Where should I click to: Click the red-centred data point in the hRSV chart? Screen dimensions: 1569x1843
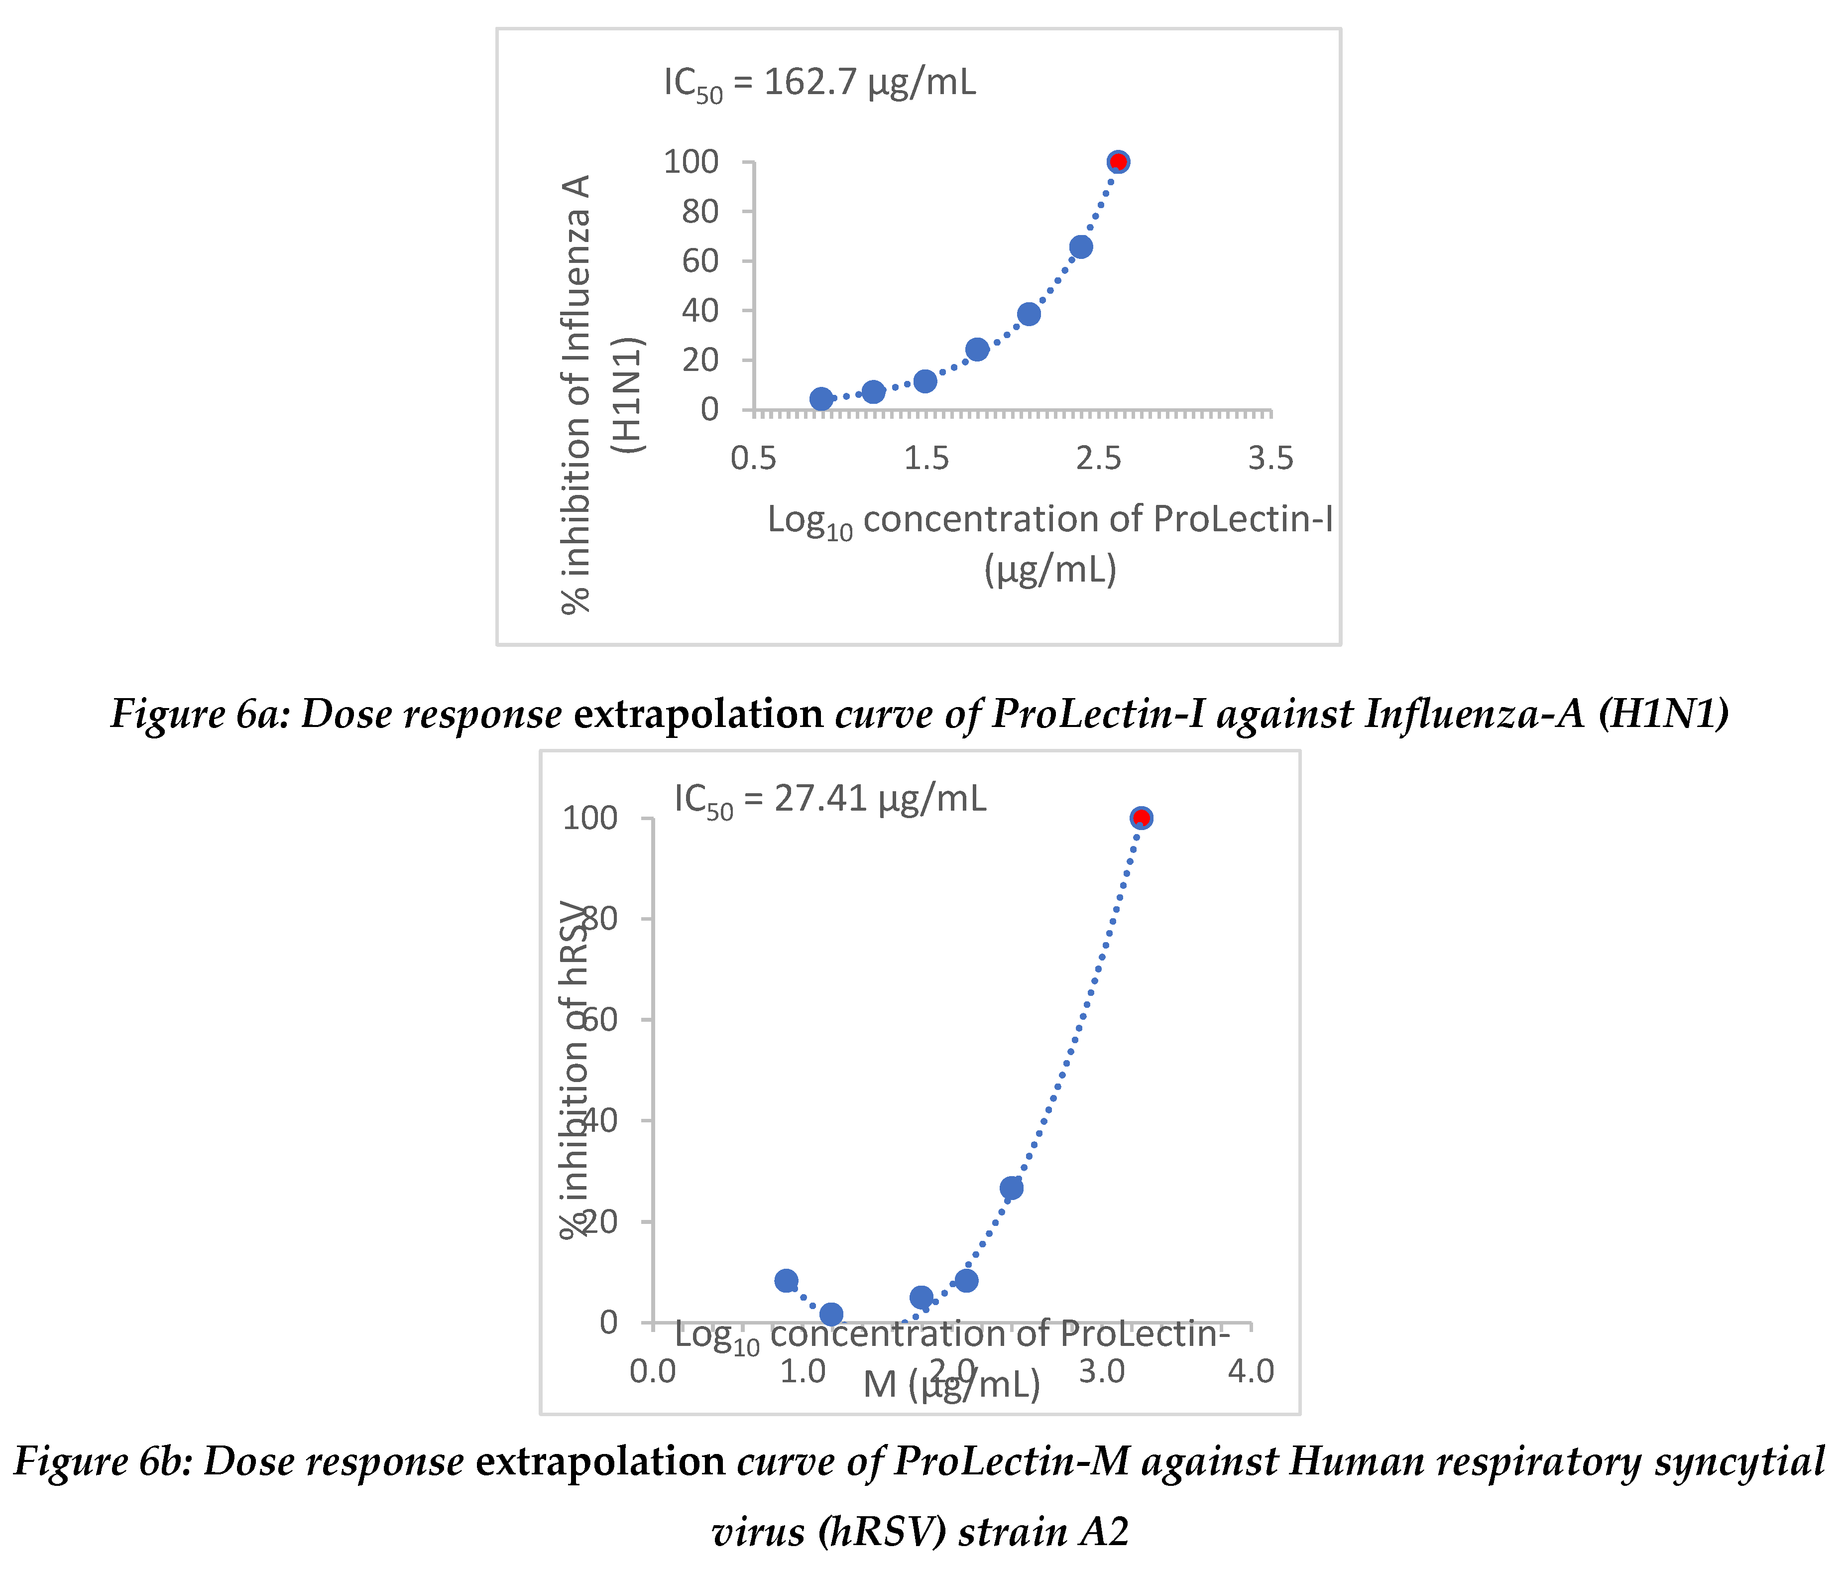pos(1141,818)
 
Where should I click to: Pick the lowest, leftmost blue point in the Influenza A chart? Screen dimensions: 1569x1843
pos(821,398)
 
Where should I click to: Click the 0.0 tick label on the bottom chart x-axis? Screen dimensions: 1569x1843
pos(653,1371)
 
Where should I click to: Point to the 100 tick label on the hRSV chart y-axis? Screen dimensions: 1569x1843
pos(589,818)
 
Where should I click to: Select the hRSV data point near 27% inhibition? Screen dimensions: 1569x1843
pos(1011,1188)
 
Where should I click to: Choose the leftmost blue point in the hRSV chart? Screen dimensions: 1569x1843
pos(786,1280)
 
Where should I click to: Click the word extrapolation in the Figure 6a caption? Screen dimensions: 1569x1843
pos(698,714)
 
